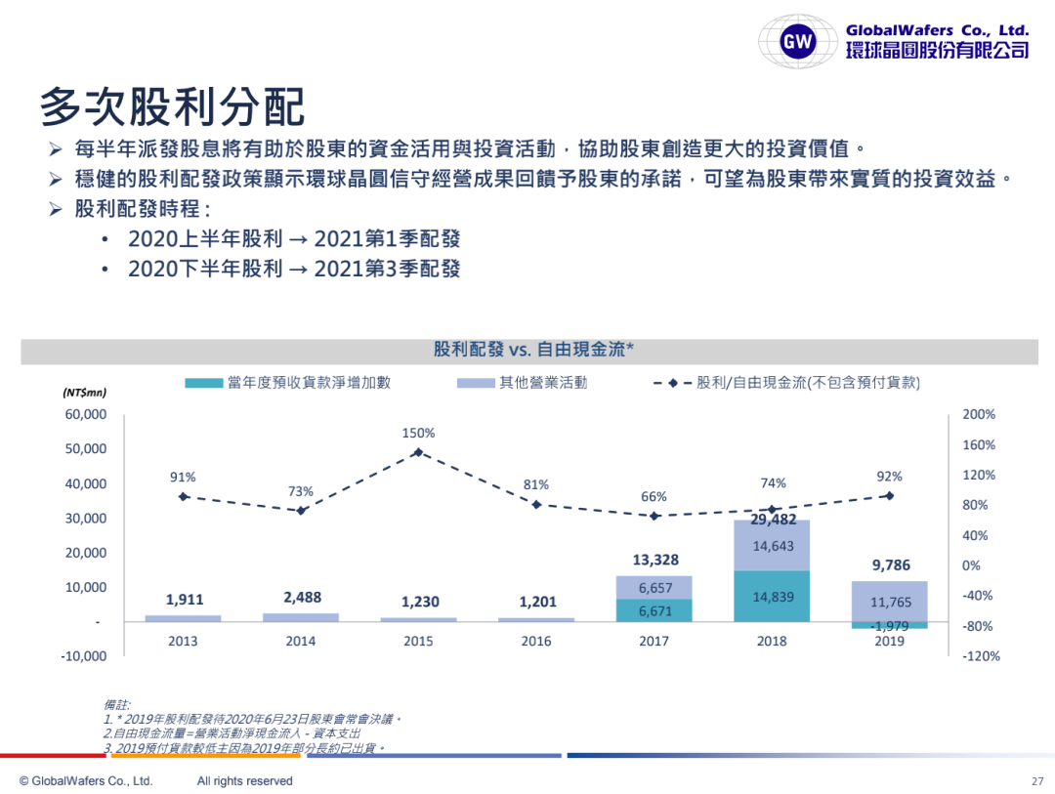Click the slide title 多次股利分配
(x=172, y=106)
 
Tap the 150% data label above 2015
(x=418, y=433)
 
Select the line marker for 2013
(x=183, y=497)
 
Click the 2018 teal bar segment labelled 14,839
(x=771, y=597)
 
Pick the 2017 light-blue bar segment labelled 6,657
(x=654, y=588)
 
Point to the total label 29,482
(x=771, y=519)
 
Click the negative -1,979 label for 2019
(x=889, y=626)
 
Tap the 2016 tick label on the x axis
(x=535, y=642)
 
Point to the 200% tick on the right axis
(x=979, y=414)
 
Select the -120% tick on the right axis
(x=981, y=656)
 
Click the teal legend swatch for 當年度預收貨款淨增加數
(x=203, y=383)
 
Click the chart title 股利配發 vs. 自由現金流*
(x=534, y=350)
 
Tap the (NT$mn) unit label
(x=84, y=393)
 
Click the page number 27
(x=1037, y=781)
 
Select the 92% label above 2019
(x=889, y=477)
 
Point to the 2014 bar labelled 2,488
(x=301, y=617)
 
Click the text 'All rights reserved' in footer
(x=244, y=781)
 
